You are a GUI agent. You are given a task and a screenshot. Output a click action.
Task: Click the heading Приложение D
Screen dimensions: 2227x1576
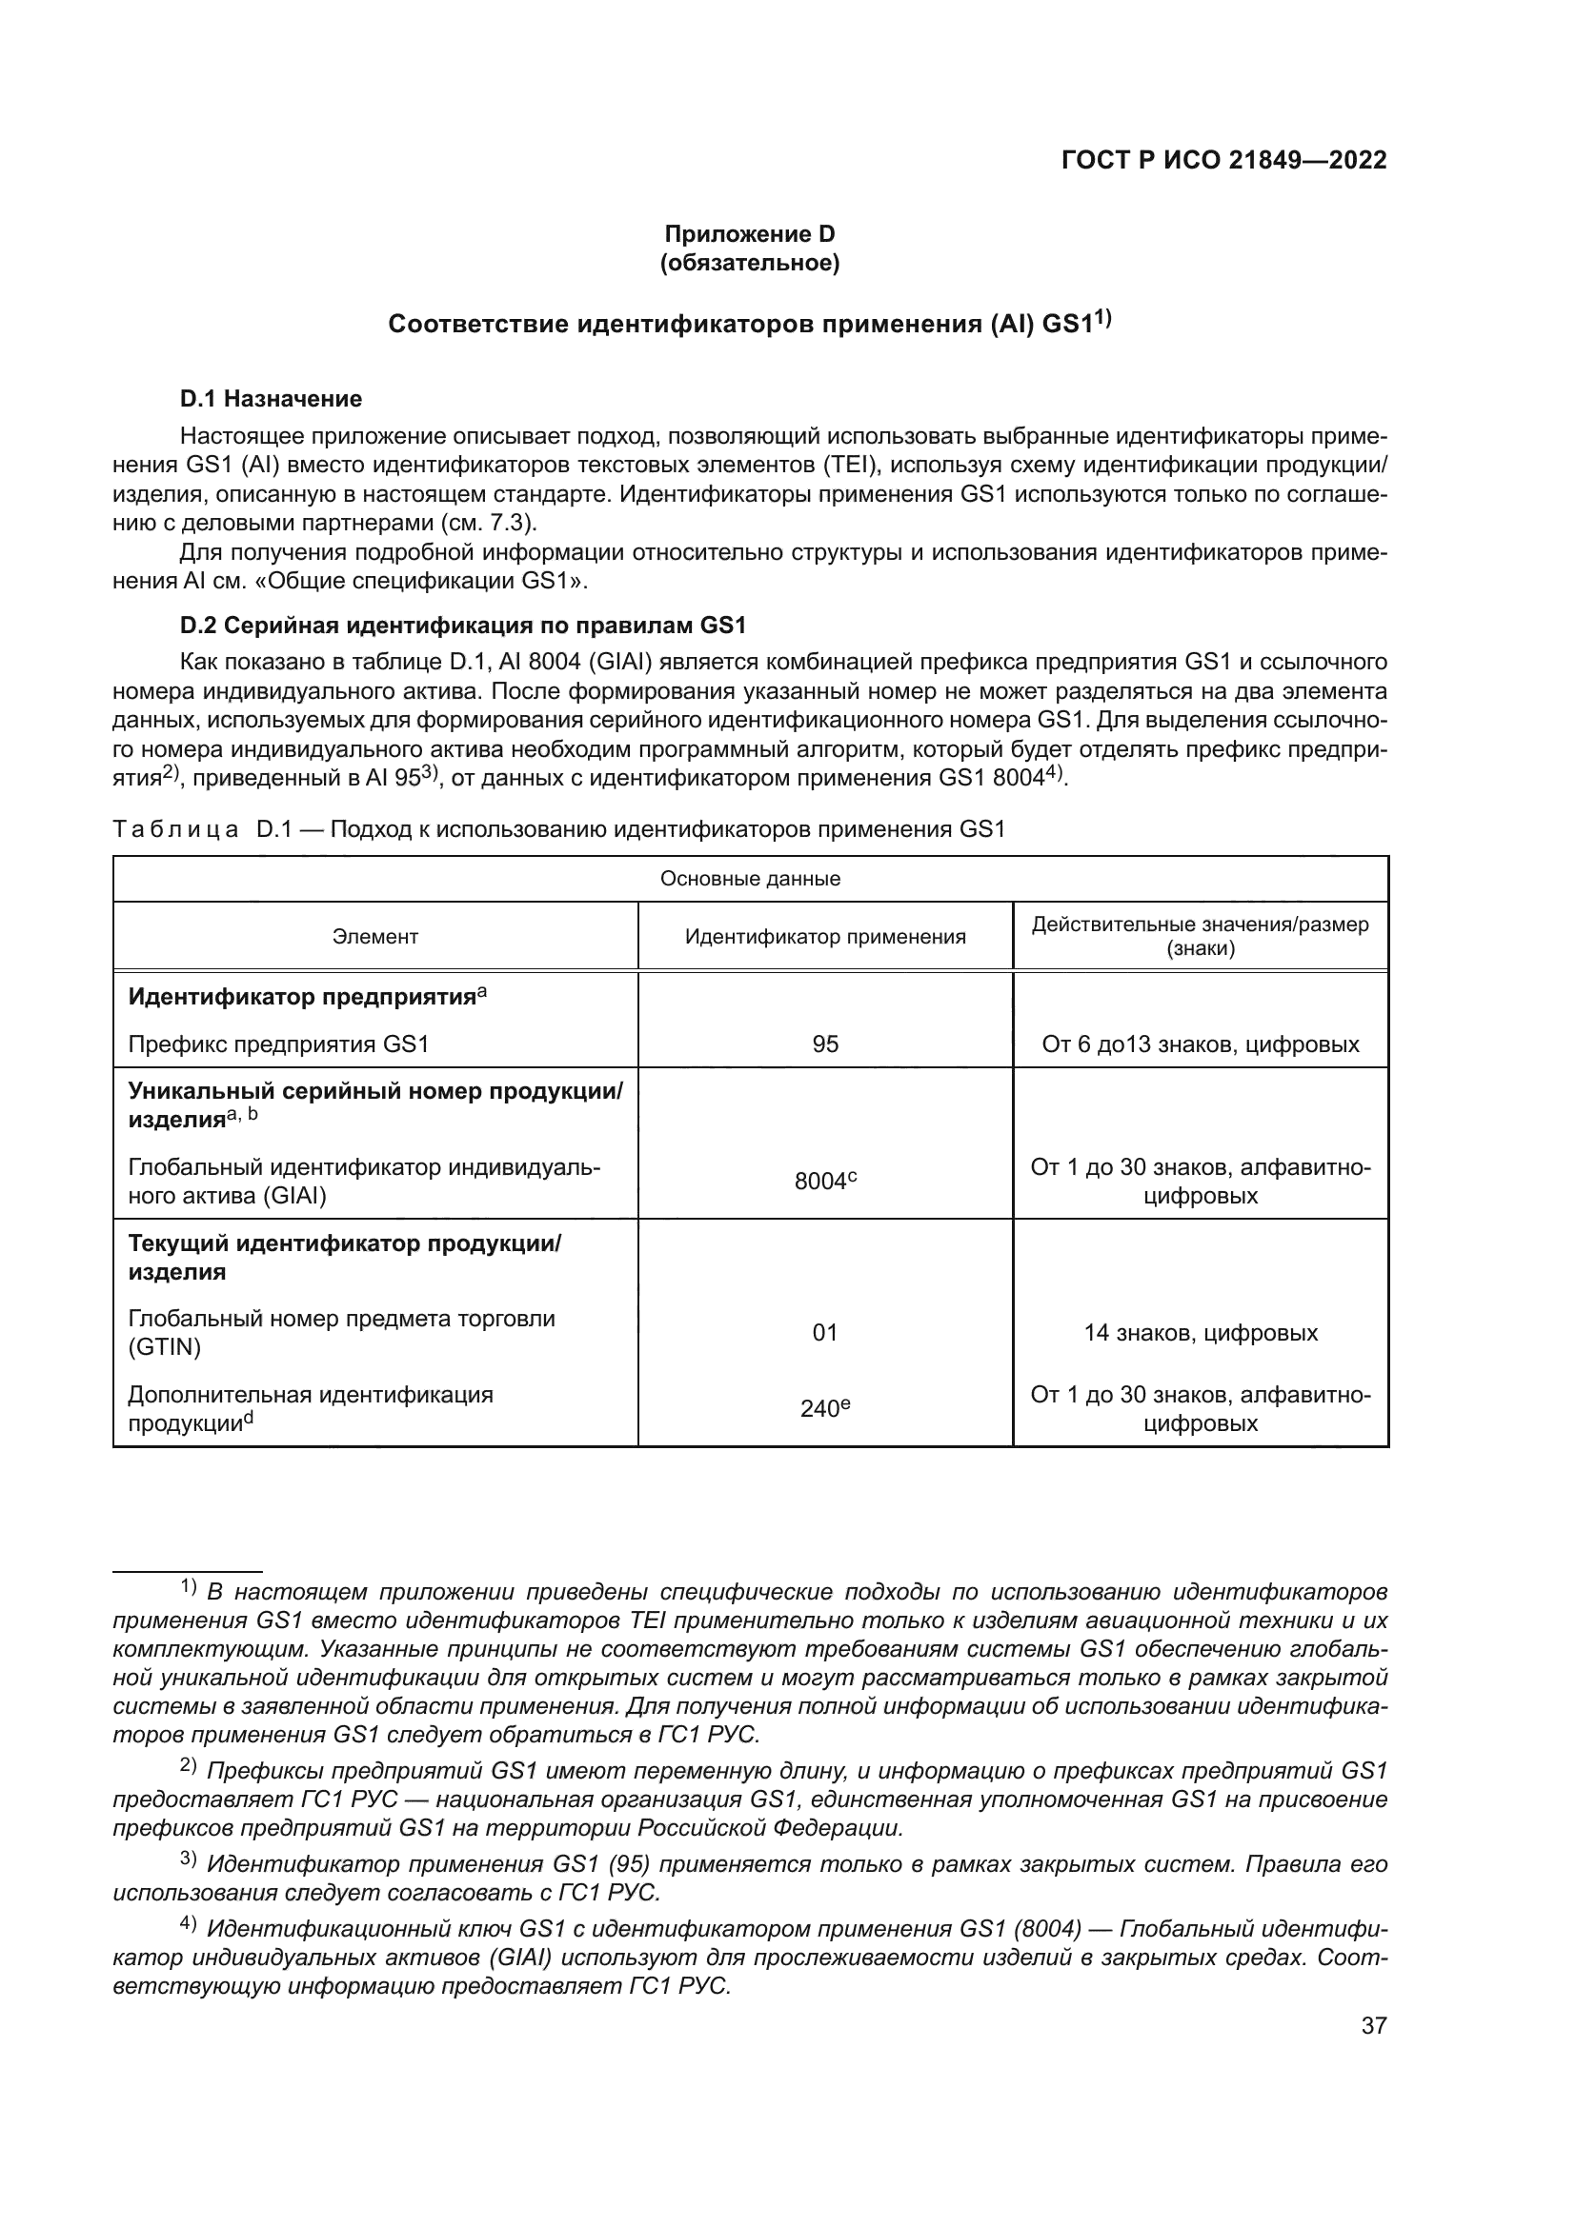(749, 234)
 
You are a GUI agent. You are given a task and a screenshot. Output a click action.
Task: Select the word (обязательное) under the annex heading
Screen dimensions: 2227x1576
(749, 263)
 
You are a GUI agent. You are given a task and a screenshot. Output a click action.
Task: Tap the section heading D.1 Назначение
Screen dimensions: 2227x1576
(271, 399)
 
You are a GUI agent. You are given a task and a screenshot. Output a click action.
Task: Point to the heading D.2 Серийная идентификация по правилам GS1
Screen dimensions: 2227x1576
(462, 626)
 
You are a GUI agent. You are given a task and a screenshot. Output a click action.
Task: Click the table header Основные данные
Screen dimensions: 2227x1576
(750, 879)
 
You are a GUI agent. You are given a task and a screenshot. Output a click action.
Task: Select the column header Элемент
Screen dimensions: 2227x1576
(374, 936)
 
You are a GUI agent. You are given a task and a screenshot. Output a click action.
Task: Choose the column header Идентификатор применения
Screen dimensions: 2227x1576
(825, 936)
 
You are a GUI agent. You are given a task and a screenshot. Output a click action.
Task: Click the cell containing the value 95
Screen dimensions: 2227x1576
(825, 1044)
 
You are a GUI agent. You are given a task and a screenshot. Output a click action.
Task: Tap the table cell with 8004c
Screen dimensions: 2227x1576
(825, 1182)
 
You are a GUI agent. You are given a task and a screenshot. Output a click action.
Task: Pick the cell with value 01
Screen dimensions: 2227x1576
(825, 1333)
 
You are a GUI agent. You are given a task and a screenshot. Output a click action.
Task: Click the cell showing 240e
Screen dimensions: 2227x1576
(825, 1408)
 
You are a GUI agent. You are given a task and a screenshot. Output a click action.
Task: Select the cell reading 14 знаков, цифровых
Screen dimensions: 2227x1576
(1201, 1333)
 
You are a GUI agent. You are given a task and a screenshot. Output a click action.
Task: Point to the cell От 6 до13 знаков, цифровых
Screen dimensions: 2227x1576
(1201, 1044)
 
